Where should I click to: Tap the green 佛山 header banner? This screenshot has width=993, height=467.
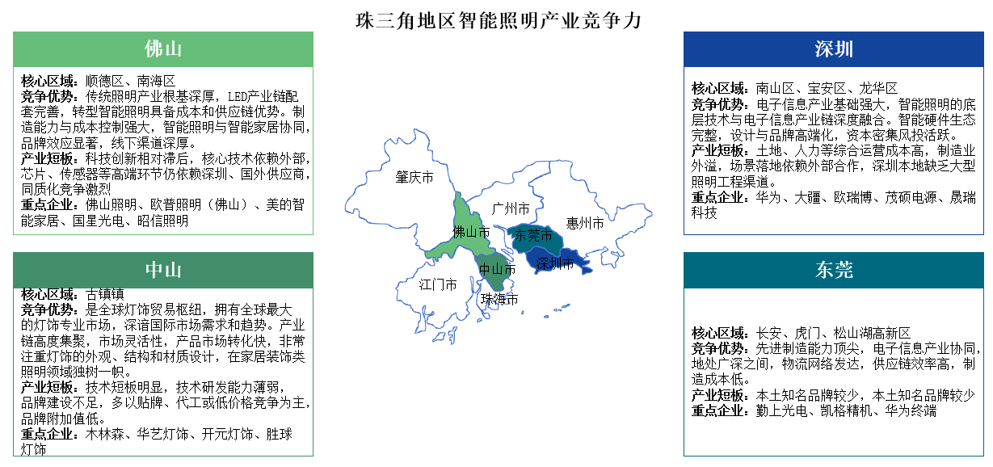163,48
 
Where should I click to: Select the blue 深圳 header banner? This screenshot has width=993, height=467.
834,49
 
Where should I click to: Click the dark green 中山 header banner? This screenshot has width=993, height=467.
163,270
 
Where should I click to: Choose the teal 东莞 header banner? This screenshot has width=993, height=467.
834,270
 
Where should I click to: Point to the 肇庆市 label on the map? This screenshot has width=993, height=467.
414,177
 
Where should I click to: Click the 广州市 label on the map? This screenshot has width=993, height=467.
511,208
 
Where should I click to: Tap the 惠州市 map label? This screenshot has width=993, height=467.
584,224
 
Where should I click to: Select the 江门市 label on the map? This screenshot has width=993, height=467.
438,284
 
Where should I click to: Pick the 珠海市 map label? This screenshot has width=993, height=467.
499,299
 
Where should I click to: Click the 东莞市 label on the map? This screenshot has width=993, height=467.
533,236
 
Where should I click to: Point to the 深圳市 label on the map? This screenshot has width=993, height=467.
556,263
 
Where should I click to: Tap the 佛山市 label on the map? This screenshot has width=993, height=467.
471,233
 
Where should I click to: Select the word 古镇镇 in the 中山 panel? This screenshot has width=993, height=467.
105,293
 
